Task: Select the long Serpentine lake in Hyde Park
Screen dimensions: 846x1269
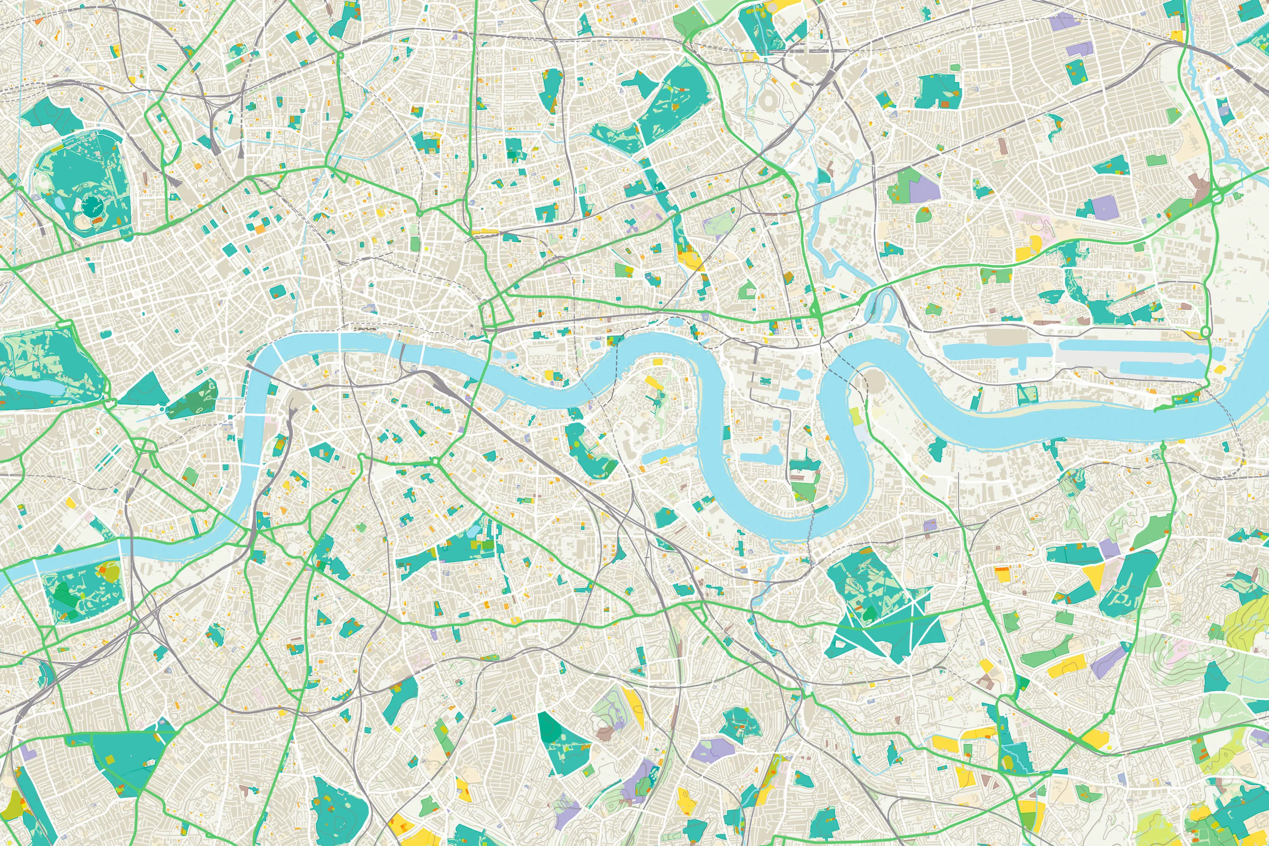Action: coord(33,386)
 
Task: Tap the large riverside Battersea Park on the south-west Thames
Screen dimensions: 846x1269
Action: coord(84,591)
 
